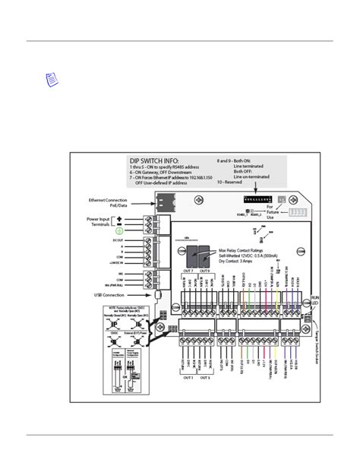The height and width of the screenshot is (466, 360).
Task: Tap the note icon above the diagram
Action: (51, 79)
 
